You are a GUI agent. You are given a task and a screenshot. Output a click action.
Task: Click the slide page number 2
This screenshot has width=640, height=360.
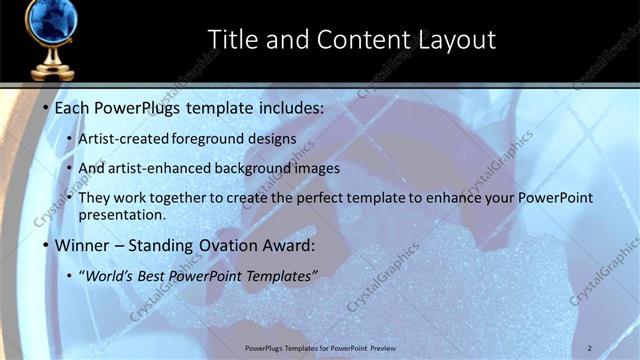pyautogui.click(x=590, y=348)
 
